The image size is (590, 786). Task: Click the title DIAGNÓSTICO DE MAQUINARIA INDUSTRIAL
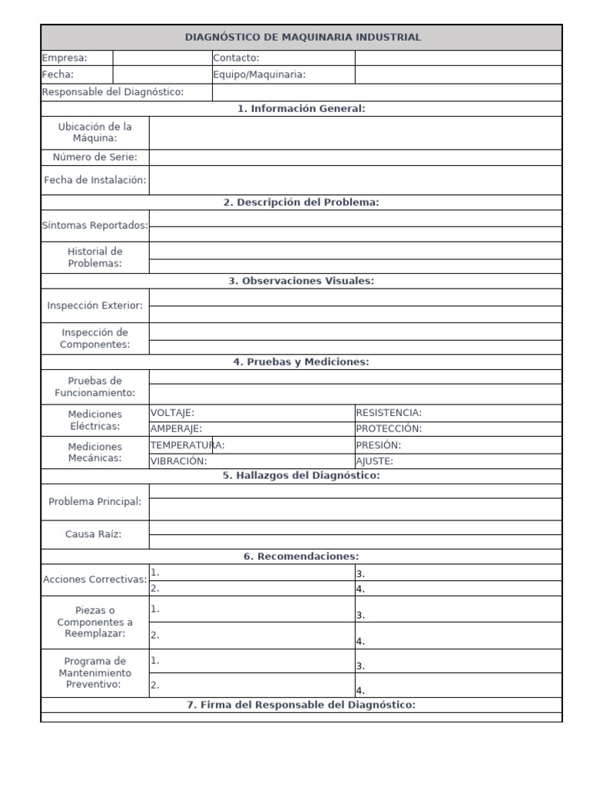point(302,37)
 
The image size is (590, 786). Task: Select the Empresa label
point(65,58)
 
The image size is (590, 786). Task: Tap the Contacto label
point(236,58)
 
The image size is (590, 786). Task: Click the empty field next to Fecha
point(162,74)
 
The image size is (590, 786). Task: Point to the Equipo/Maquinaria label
point(259,74)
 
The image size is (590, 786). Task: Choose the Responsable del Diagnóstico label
point(113,92)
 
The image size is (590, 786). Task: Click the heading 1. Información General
point(301,109)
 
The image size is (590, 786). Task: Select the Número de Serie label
point(94,157)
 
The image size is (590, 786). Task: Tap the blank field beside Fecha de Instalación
point(355,180)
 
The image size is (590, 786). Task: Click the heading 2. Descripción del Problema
point(301,203)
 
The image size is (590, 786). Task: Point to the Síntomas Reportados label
point(94,226)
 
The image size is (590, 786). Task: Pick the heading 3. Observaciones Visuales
point(301,281)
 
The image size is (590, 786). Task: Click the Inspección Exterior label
point(94,305)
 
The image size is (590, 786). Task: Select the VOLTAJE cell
point(172,413)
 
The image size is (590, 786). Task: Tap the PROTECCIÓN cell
point(389,429)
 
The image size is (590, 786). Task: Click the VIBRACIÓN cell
point(178,461)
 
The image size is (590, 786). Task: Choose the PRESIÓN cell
point(378,445)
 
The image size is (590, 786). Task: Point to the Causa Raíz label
point(94,534)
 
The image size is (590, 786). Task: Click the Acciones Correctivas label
point(94,580)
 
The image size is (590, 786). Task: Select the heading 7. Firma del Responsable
point(301,705)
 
